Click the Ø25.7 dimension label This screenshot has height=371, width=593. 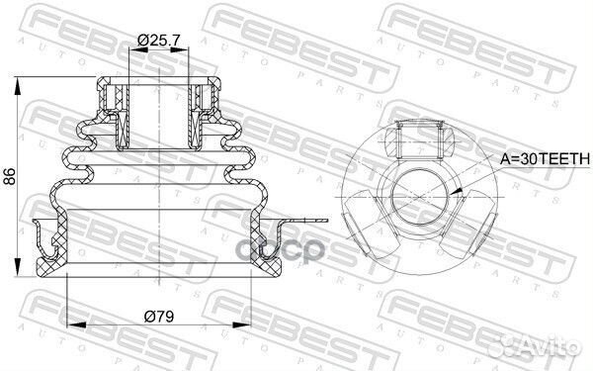[x=158, y=40]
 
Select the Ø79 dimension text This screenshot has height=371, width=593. [x=159, y=317]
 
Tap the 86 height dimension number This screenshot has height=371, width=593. [x=9, y=176]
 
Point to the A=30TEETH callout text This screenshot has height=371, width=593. [x=545, y=159]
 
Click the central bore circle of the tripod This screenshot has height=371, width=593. [x=419, y=197]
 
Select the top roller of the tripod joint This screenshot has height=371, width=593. [x=419, y=140]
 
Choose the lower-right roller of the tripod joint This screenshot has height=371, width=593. [x=468, y=224]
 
